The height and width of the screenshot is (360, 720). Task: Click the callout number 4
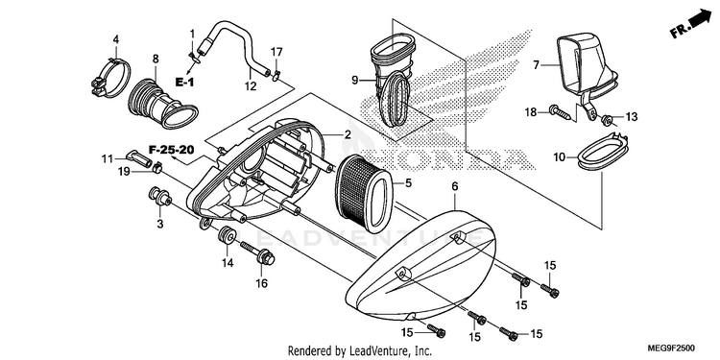[116, 39]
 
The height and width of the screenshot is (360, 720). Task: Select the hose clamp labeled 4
[110, 79]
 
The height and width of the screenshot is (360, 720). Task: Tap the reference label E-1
[184, 83]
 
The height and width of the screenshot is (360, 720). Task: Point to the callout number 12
[251, 85]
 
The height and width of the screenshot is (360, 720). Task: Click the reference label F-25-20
[171, 149]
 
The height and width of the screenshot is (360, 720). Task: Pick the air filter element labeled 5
[364, 193]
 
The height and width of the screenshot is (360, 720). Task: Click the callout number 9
[354, 80]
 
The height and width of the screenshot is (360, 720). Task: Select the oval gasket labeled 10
[603, 152]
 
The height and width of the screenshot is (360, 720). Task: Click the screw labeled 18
[562, 112]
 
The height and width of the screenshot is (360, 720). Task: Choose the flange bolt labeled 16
[257, 254]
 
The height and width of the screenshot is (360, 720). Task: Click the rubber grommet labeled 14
[228, 235]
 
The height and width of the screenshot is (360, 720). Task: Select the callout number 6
[455, 186]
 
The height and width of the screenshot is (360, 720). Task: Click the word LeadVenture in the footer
[372, 351]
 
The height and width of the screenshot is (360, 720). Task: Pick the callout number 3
[159, 224]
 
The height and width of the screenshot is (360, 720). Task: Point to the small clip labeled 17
[276, 75]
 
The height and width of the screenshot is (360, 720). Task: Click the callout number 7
[537, 65]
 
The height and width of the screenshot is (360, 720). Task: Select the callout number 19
[125, 172]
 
